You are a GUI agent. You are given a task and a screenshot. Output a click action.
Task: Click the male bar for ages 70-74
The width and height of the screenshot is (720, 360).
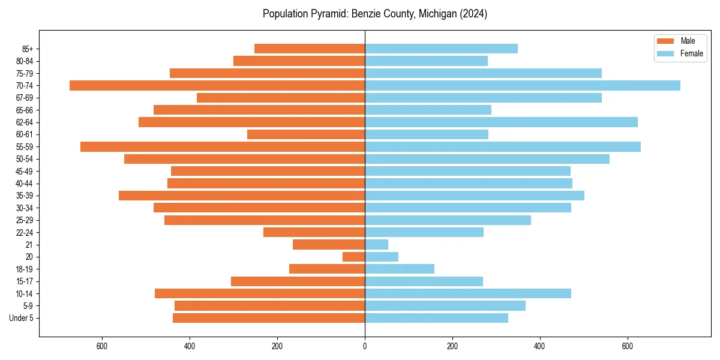217,85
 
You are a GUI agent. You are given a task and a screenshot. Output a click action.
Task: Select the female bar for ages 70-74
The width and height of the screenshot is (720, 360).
522,85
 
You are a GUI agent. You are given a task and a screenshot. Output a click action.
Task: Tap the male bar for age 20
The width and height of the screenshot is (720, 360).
353,257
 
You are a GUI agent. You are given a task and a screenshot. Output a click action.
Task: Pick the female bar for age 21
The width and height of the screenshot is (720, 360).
376,244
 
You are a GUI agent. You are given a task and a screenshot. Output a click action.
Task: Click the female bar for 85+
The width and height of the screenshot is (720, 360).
441,49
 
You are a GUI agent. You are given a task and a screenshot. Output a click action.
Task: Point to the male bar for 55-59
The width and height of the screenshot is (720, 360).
223,146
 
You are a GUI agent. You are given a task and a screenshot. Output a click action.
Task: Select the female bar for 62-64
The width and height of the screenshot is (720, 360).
501,122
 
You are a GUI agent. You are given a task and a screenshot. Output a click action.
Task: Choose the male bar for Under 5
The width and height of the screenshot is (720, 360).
269,318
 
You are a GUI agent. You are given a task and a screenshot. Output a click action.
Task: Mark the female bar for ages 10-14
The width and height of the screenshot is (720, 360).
468,293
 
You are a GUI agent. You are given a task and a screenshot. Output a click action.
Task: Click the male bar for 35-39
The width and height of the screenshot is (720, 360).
242,196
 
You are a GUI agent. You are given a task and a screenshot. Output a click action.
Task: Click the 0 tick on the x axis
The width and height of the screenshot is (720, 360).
365,346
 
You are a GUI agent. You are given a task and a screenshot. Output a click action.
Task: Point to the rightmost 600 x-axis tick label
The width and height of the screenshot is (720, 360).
628,346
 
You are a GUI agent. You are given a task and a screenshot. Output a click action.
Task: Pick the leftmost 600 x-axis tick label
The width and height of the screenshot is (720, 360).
102,346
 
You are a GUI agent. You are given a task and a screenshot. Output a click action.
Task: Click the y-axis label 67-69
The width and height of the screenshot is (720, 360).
25,98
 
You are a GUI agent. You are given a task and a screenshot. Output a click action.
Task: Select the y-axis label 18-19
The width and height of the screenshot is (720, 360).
25,269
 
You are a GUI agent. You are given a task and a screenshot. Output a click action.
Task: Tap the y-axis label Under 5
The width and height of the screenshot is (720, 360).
22,318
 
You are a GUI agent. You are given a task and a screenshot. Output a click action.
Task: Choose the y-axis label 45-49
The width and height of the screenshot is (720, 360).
25,171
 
